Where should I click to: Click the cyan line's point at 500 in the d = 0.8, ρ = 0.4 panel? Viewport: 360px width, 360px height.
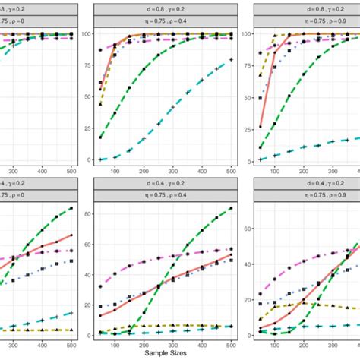pyautogui.click(x=230, y=59)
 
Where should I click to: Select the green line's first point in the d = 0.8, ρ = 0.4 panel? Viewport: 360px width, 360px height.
pyautogui.click(x=101, y=137)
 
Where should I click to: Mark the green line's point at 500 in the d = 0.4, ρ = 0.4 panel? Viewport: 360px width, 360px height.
pyautogui.click(x=230, y=208)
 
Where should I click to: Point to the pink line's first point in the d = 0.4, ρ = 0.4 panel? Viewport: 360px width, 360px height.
pyautogui.click(x=101, y=286)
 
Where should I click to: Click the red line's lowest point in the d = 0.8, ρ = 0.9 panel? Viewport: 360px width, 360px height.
pyautogui.click(x=261, y=126)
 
